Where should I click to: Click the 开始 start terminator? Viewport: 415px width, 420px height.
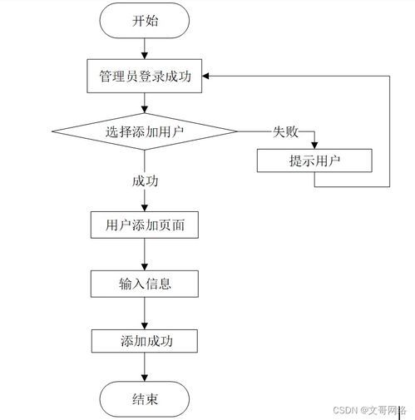[145, 22]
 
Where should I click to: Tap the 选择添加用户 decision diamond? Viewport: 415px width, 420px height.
[145, 131]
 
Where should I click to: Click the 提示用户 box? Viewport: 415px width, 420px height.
[314, 161]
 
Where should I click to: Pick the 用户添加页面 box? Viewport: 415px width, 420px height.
[145, 225]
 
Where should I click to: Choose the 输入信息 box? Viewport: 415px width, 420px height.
[145, 283]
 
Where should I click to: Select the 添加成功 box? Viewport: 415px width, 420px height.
[145, 341]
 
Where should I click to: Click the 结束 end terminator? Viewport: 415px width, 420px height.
[145, 398]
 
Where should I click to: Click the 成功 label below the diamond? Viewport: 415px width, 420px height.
[145, 180]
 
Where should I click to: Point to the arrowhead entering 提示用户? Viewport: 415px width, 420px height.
[314, 145]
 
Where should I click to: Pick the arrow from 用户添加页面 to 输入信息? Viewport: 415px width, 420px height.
[145, 254]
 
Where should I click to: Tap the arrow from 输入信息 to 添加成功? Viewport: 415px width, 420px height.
[145, 312]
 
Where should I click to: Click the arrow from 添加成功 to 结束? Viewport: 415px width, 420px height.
[145, 369]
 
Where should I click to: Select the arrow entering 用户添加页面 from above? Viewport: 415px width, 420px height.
[145, 203]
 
